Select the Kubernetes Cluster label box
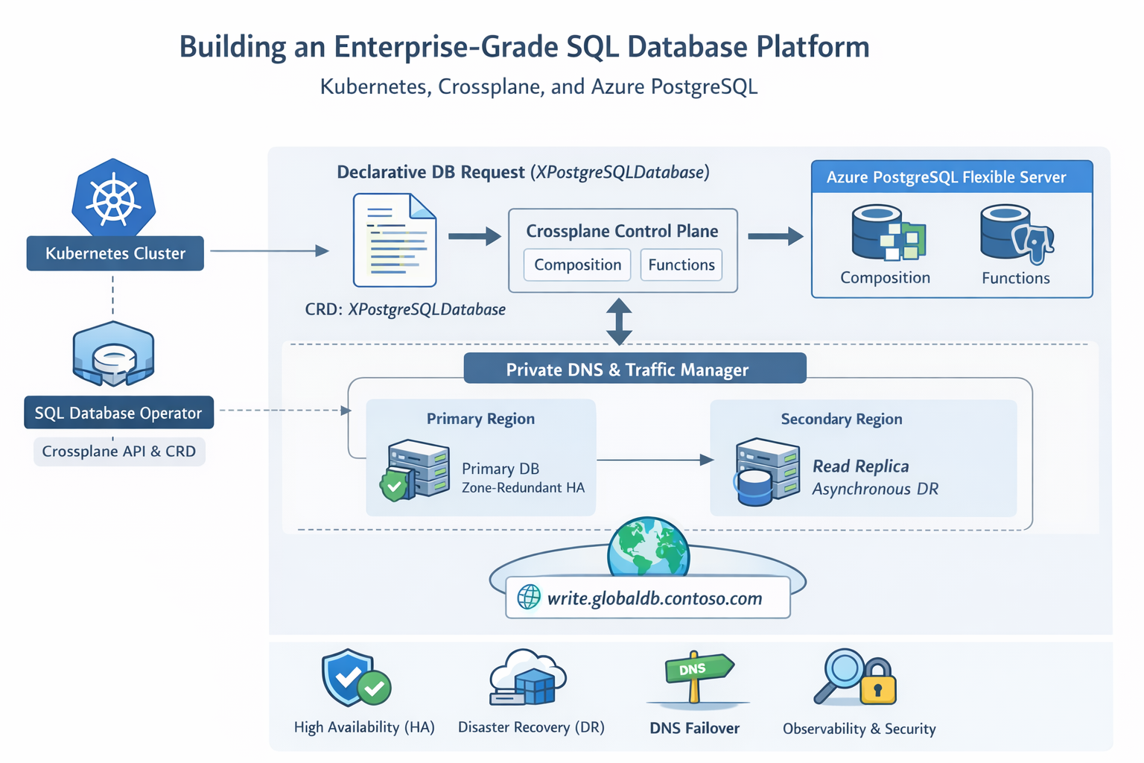pos(115,253)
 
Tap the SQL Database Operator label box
pos(118,413)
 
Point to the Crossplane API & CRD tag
pos(119,452)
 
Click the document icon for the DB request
pos(395,240)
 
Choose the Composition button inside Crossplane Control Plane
pos(577,265)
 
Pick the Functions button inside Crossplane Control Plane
pos(681,265)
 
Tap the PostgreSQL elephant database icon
pos(1017,234)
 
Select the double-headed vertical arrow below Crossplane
pos(619,321)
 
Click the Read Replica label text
pos(860,466)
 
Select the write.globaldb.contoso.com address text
pos(654,598)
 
